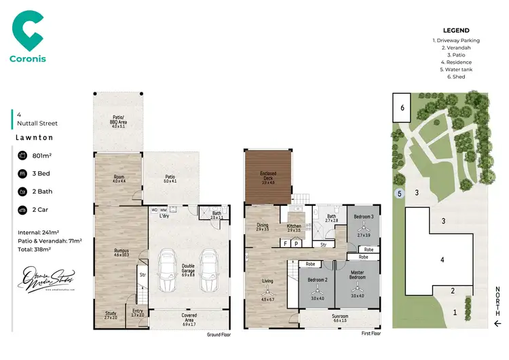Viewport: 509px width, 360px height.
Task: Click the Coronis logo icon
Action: pyautogui.click(x=28, y=31)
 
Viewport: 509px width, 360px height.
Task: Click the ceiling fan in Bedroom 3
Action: pyautogui.click(x=364, y=229)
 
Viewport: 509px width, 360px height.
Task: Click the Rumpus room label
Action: pyautogui.click(x=121, y=251)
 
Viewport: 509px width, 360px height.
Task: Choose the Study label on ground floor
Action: pyautogui.click(x=110, y=314)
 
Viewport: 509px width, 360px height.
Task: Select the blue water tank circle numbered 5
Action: pyautogui.click(x=399, y=194)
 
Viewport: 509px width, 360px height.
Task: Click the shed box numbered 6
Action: pyautogui.click(x=402, y=107)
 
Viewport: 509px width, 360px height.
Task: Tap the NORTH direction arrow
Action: pyautogui.click(x=497, y=322)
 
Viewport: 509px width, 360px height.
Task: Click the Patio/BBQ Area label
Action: pyautogui.click(x=119, y=122)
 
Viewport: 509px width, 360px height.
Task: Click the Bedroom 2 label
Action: pyautogui.click(x=318, y=281)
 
